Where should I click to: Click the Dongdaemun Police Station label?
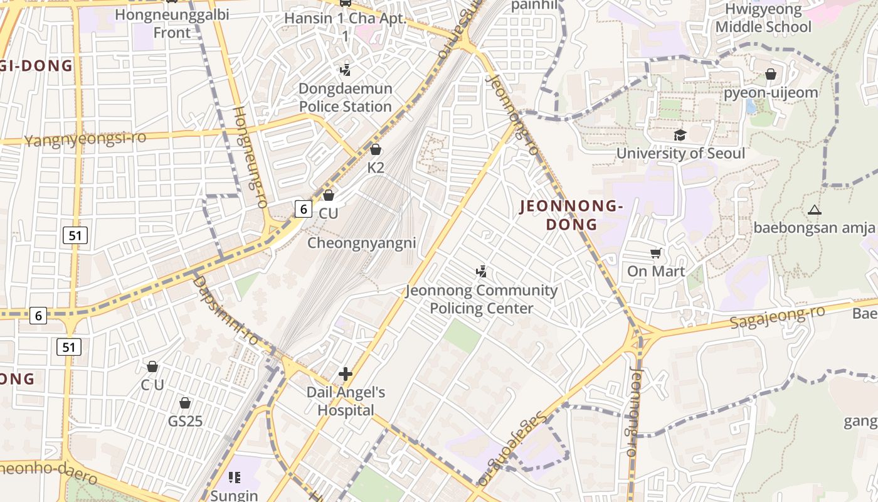[x=345, y=98]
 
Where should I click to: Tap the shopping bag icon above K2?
[x=376, y=149]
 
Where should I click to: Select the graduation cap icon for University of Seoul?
[x=680, y=135]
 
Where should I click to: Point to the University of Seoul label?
[x=680, y=154]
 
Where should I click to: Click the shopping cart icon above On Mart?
[x=656, y=253]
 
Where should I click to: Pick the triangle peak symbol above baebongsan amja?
[x=814, y=210]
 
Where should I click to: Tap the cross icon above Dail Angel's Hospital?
[x=346, y=375]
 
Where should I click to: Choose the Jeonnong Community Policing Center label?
[x=481, y=299]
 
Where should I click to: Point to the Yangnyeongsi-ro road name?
[x=85, y=139]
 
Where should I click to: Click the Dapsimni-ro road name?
[x=226, y=309]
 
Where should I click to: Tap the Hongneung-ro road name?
[x=251, y=157]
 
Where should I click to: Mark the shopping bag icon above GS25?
[x=185, y=402]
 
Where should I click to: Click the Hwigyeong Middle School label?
[x=763, y=18]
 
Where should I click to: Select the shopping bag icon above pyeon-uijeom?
[x=771, y=75]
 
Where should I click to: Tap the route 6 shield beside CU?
[x=304, y=209]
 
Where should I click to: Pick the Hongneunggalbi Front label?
[x=172, y=23]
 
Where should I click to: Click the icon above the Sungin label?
[x=235, y=478]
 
